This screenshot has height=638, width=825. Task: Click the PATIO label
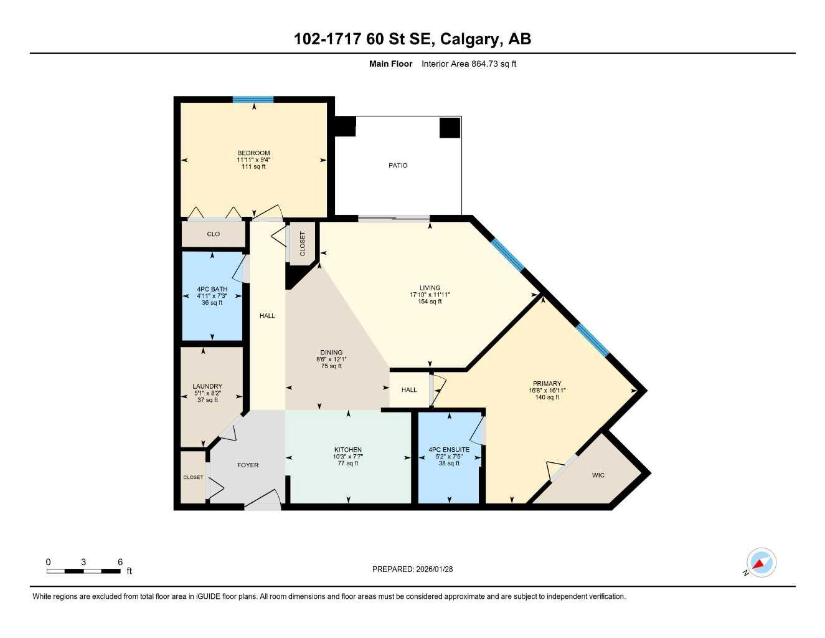click(x=398, y=165)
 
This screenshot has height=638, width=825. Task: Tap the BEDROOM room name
click(x=253, y=153)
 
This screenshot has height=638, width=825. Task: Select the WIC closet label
click(x=598, y=475)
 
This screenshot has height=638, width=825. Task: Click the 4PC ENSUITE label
click(x=449, y=450)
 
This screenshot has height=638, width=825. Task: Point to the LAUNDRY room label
click(x=207, y=386)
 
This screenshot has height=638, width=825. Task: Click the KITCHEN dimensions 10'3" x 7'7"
click(x=348, y=457)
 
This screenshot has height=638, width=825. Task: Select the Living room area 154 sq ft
click(x=430, y=302)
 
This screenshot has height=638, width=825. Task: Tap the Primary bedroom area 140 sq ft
click(x=547, y=398)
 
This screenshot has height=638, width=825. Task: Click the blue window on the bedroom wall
click(x=253, y=99)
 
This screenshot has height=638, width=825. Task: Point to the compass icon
click(x=761, y=563)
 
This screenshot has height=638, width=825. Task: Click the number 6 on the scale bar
click(x=120, y=562)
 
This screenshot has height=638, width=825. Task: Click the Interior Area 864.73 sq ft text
click(x=469, y=64)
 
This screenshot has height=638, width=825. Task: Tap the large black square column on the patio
click(x=450, y=127)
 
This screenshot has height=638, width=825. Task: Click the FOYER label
click(x=248, y=465)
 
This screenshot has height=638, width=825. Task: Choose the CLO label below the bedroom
click(x=213, y=234)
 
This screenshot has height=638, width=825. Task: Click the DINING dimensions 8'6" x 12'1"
click(x=331, y=359)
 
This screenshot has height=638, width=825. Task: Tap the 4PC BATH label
click(x=212, y=289)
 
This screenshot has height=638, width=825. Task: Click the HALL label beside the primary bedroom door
click(x=409, y=390)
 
